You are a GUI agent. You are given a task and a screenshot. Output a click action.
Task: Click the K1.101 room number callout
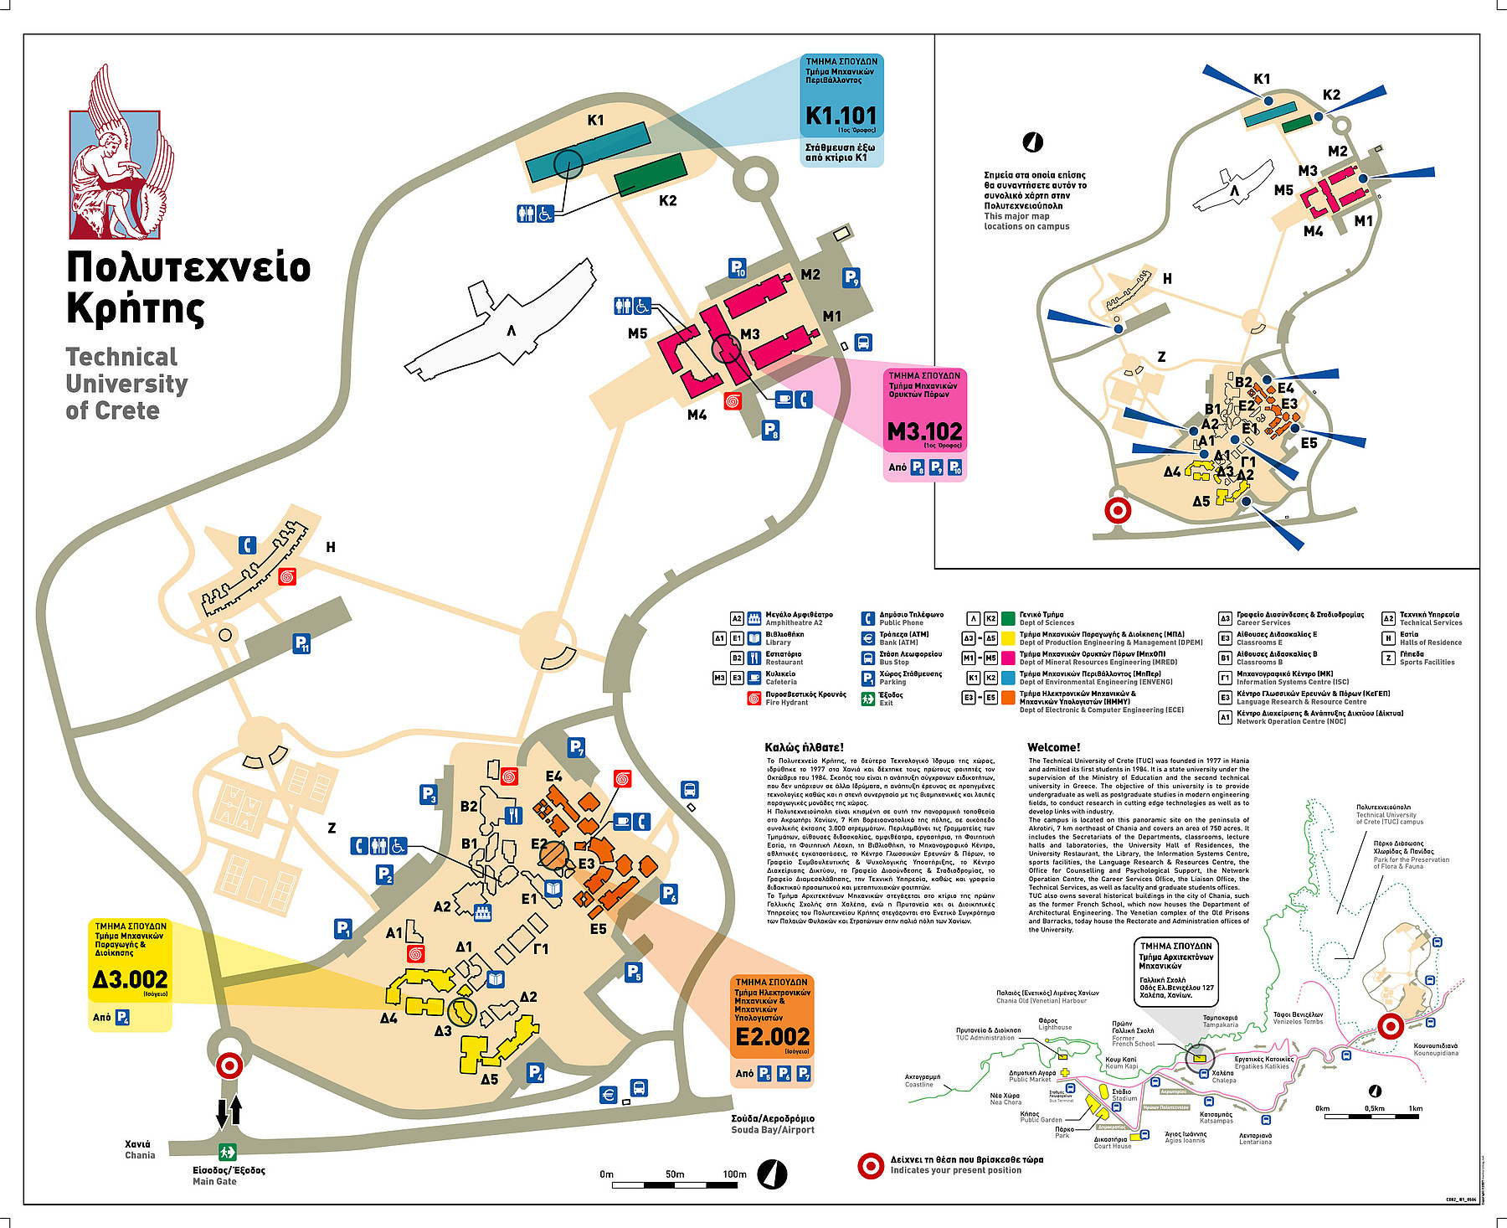coord(841,116)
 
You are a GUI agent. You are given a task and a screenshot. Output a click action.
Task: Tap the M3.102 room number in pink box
coord(924,431)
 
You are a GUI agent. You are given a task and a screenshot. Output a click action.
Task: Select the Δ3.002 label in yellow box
coord(130,979)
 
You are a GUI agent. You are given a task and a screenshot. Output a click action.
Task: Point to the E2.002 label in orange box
coord(772,1037)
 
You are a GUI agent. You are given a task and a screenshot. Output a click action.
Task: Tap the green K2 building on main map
coord(651,174)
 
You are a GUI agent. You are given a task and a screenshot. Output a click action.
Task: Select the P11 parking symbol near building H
coord(301,643)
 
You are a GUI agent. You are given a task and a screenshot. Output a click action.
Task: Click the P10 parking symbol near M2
coord(737,268)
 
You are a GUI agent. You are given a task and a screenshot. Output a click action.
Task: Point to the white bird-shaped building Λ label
coord(511,331)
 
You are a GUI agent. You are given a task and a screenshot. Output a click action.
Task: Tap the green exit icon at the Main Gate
coord(227,1153)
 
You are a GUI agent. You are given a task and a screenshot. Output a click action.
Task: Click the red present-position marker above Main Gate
coord(229,1065)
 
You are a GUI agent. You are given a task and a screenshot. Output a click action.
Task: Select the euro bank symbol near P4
coord(609,1094)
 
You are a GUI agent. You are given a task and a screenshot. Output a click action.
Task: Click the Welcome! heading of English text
coord(1053,747)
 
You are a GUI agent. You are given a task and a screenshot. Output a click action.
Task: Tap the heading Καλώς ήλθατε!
coord(804,747)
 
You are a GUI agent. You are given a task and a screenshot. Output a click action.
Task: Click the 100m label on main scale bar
coord(734,1174)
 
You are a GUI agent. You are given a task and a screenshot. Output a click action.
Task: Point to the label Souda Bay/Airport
coord(773,1130)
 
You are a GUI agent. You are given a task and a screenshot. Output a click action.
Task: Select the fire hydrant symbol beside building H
coord(287,577)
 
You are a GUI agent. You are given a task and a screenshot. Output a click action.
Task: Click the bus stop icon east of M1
coord(863,342)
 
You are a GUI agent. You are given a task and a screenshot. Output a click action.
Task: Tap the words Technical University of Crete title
coord(126,384)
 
